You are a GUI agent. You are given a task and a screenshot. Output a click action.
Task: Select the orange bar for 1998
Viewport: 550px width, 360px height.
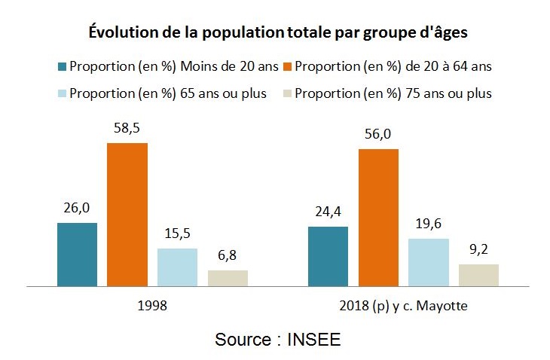pos(127,215)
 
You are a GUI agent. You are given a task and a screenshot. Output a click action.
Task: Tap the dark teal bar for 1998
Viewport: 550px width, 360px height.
pos(77,255)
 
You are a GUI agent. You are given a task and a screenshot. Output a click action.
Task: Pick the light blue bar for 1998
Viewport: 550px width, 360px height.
pos(177,267)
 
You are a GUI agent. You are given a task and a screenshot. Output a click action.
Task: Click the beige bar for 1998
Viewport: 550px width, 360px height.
pos(228,278)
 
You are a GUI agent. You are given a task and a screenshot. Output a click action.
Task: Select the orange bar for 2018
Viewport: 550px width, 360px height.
pos(378,218)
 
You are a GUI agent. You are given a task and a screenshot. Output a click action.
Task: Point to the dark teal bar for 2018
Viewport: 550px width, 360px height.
pos(328,256)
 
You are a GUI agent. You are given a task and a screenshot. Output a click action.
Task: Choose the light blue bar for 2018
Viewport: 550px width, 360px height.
pos(428,262)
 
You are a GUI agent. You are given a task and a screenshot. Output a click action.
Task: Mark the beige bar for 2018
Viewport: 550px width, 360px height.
pos(478,275)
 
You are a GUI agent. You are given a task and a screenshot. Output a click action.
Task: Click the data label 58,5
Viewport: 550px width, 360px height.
pos(127,129)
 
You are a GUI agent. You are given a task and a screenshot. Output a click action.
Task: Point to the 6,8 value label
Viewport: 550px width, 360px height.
pos(228,256)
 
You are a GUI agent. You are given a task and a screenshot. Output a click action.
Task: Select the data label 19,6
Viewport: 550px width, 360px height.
pos(428,224)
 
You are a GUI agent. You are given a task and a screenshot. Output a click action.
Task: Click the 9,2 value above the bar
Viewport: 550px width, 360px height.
pos(478,250)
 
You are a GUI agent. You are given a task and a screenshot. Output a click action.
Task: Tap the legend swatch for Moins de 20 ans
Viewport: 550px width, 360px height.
pos(61,66)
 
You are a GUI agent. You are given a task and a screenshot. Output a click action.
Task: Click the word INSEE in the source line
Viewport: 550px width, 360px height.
pos(313,339)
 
